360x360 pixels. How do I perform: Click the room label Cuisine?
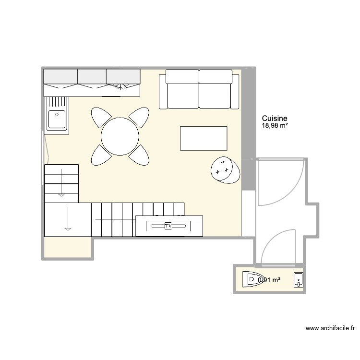point(275,118)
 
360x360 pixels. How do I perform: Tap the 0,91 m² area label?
point(270,280)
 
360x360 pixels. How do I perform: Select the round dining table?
point(120,136)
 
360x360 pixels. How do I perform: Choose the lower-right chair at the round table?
point(140,155)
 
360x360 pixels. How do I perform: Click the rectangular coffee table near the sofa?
point(204,138)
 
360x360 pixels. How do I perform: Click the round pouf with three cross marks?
point(225,169)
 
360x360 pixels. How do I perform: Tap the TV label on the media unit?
point(168,225)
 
